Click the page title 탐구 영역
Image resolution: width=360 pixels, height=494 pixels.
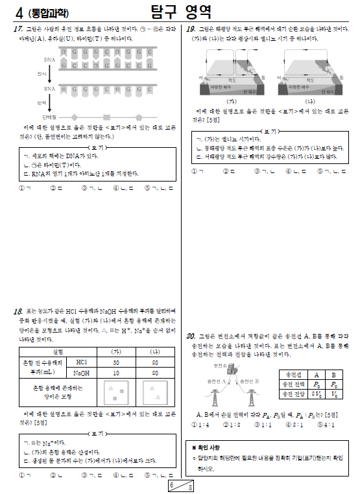pyautogui.click(x=180, y=12)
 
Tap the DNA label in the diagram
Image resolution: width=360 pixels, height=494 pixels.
pyautogui.click(x=50, y=60)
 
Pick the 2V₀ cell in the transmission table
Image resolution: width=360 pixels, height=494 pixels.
pyautogui.click(x=315, y=394)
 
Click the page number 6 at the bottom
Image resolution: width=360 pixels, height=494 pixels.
pyautogui.click(x=171, y=484)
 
